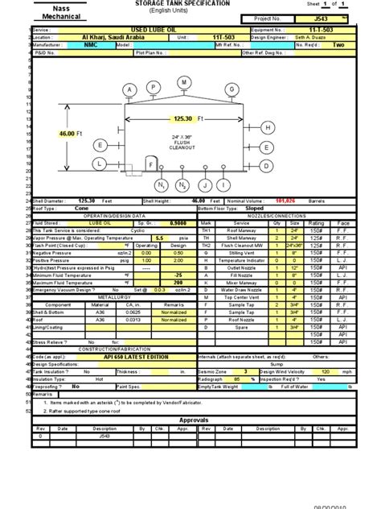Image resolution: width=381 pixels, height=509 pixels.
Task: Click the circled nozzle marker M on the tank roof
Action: click(183, 82)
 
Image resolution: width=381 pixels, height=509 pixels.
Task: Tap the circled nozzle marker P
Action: click(152, 86)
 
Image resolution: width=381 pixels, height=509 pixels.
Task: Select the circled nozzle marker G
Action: click(232, 89)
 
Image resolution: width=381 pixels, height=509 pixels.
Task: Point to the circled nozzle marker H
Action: click(267, 128)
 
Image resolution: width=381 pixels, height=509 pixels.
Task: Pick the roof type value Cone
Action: click(81, 208)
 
